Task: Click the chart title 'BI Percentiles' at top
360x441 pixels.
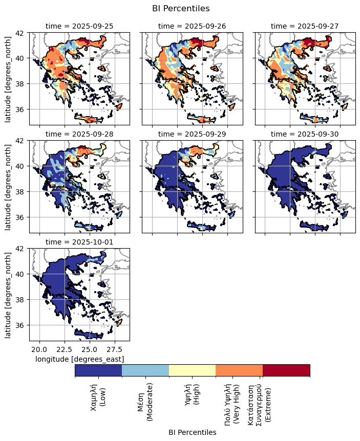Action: point(181,8)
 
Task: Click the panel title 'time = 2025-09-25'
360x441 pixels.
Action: point(79,26)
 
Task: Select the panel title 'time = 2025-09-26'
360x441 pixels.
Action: point(192,26)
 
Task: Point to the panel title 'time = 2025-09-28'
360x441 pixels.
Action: point(79,134)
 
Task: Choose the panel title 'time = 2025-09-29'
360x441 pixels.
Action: point(192,134)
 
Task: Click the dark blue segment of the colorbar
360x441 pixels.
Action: point(98,370)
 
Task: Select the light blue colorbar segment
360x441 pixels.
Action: point(145,370)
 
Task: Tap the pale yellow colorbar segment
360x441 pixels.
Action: point(192,370)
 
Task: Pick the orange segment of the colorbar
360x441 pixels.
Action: point(239,370)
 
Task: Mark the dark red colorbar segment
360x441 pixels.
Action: point(286,370)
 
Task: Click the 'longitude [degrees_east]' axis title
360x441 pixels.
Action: point(79,359)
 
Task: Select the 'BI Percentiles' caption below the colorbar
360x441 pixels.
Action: point(192,432)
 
